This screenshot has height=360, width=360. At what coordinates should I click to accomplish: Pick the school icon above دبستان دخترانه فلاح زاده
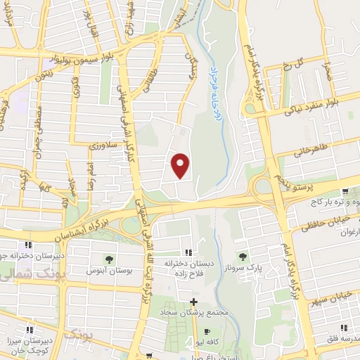187,252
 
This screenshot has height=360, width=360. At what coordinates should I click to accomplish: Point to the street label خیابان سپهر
335,290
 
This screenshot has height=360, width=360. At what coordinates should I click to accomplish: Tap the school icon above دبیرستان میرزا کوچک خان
30,328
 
